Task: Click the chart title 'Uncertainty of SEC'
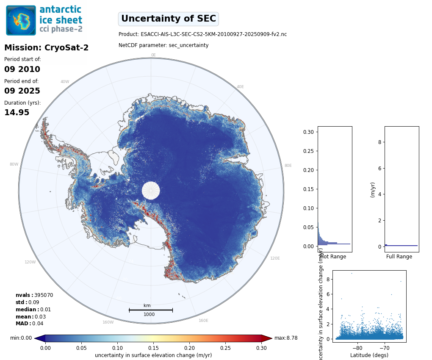168,19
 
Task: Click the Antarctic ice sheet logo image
44,20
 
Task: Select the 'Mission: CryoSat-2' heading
46,48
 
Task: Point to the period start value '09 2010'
22,69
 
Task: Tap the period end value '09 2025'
22,91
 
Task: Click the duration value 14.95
17,113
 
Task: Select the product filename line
202,34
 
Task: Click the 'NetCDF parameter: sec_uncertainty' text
163,45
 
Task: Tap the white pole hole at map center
151,190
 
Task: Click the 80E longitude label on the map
288,166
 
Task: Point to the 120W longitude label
30,262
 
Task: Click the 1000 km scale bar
151,310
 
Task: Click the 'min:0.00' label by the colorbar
21,338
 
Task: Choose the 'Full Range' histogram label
399,257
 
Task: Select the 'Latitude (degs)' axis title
369,355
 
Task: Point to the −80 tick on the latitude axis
357,347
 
